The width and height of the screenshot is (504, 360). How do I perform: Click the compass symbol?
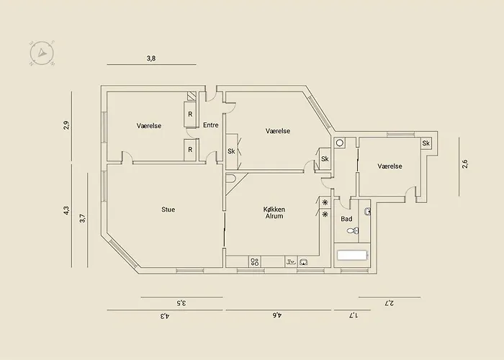point(42,53)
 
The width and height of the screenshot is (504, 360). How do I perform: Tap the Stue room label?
point(168,210)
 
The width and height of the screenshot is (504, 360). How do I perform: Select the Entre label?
point(211,125)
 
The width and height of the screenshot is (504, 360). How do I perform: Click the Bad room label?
point(346,219)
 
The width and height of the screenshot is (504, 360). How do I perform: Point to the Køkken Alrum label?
point(274,213)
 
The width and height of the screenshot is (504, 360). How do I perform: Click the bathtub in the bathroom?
point(352,255)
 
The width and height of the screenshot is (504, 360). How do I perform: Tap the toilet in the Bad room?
point(353,230)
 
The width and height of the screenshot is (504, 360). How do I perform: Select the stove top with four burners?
point(255,261)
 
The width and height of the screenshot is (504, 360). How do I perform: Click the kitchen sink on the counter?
point(303,262)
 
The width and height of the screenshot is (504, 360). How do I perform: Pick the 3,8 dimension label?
point(151,58)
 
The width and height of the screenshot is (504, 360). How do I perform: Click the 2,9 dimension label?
point(66,125)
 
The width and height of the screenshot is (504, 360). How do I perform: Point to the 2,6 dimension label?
point(465,164)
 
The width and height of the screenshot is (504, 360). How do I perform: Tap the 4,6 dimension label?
point(277,315)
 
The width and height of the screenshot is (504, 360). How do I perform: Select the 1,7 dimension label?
point(354,315)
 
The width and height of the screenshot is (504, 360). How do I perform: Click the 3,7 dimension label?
point(83,219)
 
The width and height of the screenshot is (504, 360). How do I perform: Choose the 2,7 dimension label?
point(390,303)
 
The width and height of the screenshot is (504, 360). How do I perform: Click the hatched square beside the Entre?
point(192,96)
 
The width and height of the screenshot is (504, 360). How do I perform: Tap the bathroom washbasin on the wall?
point(367,211)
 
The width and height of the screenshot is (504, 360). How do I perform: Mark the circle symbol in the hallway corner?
point(339,143)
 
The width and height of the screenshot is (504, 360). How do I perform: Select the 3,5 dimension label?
point(181,303)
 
